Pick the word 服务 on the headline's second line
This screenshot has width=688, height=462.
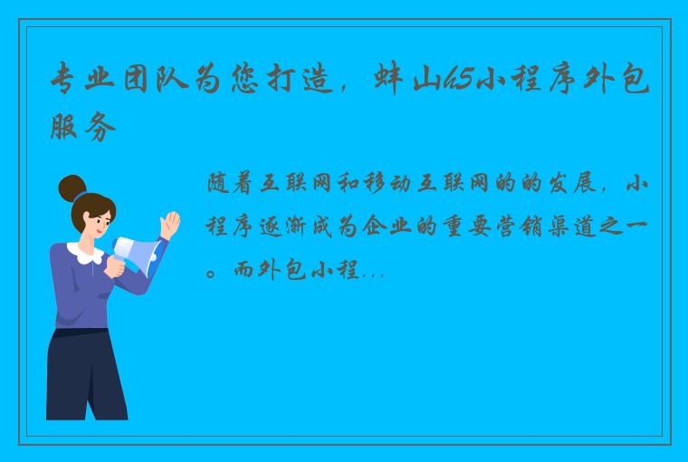point(84,128)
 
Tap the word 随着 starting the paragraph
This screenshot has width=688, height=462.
point(231,186)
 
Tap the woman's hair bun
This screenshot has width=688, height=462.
point(72,188)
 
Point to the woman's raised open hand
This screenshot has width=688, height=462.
point(169,225)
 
